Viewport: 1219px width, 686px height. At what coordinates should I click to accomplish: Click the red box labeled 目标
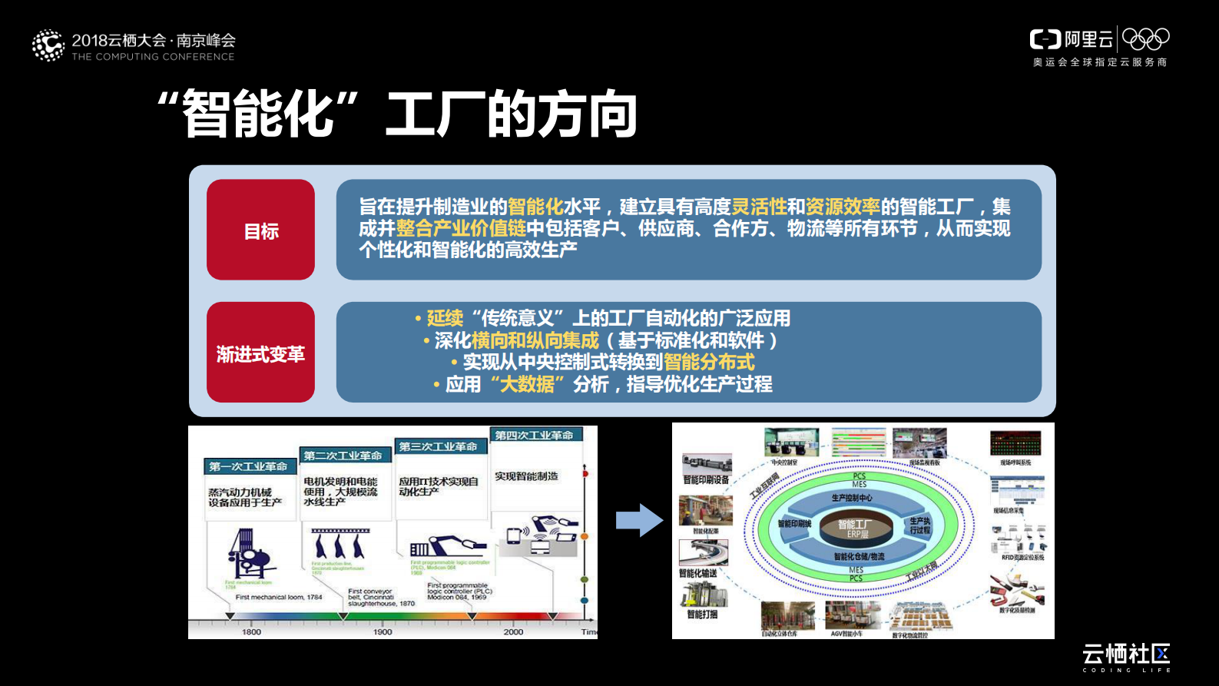pyautogui.click(x=260, y=230)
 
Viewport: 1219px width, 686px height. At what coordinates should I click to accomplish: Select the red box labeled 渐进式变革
pyautogui.click(x=260, y=353)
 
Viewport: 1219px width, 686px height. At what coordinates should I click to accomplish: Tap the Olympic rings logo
pyautogui.click(x=1145, y=38)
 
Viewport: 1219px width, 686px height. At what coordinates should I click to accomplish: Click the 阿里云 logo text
pyautogui.click(x=1088, y=39)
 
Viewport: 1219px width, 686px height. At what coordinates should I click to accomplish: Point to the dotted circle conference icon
pyautogui.click(x=48, y=45)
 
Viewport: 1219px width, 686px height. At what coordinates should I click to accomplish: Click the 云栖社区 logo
pyautogui.click(x=1126, y=655)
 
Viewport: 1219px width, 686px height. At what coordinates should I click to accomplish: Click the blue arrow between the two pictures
pyautogui.click(x=639, y=520)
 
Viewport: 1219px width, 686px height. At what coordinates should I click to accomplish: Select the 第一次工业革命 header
pyautogui.click(x=248, y=466)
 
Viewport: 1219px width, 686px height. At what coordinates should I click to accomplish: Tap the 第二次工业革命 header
pyautogui.click(x=343, y=456)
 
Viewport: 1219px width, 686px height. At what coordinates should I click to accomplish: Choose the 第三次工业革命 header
pyautogui.click(x=438, y=446)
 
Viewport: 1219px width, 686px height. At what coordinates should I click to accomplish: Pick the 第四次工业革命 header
pyautogui.click(x=534, y=435)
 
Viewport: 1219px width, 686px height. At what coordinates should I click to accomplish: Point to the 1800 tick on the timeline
pyautogui.click(x=251, y=631)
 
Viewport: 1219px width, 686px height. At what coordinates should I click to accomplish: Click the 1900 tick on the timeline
pyautogui.click(x=383, y=631)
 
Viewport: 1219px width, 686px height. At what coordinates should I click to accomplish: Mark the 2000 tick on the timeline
pyautogui.click(x=513, y=631)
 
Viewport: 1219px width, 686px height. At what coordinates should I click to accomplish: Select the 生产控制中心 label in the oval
pyautogui.click(x=852, y=498)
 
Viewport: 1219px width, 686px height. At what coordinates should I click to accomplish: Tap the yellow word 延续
pyautogui.click(x=445, y=318)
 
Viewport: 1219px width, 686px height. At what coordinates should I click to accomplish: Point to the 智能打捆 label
pyautogui.click(x=702, y=615)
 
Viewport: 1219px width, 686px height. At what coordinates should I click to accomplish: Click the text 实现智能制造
pyautogui.click(x=526, y=476)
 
